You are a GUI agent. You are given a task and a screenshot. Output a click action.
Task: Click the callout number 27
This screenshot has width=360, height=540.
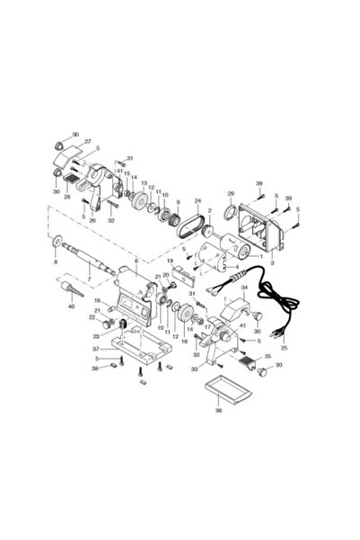pos(88,142)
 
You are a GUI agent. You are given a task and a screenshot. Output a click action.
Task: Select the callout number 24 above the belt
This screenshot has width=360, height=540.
pos(198,200)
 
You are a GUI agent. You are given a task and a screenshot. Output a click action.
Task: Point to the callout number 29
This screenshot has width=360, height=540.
pos(230,194)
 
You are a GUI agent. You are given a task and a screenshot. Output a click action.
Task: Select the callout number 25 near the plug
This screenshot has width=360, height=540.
pos(285,347)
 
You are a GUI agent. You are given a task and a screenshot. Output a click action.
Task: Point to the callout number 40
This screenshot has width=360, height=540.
pos(73,306)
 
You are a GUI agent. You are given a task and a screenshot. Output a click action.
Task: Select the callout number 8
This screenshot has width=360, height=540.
pos(57,261)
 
